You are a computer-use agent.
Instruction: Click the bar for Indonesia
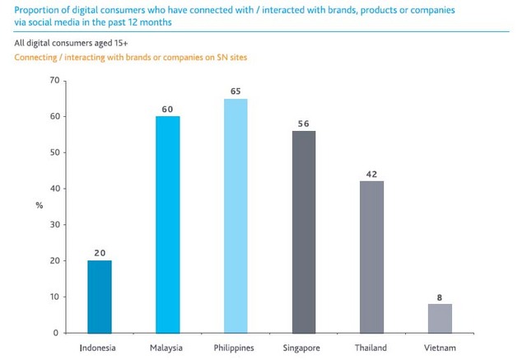(x=100, y=297)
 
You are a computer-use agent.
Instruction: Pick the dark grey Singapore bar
(x=303, y=231)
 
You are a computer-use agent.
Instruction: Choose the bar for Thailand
(x=371, y=256)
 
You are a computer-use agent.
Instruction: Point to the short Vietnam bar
(x=440, y=318)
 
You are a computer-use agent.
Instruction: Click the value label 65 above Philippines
(x=236, y=91)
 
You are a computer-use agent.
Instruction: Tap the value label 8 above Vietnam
(x=440, y=296)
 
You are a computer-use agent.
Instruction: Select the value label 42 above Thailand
(x=371, y=173)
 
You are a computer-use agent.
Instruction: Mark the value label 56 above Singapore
(x=303, y=123)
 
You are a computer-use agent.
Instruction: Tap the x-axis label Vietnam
(x=440, y=348)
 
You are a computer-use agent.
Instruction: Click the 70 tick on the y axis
(x=54, y=81)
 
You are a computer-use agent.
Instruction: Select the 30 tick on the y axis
(x=54, y=225)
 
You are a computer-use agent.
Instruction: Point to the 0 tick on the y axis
(x=57, y=333)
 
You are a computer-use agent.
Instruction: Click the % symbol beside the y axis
(x=39, y=205)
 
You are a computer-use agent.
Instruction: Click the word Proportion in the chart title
(x=36, y=9)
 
